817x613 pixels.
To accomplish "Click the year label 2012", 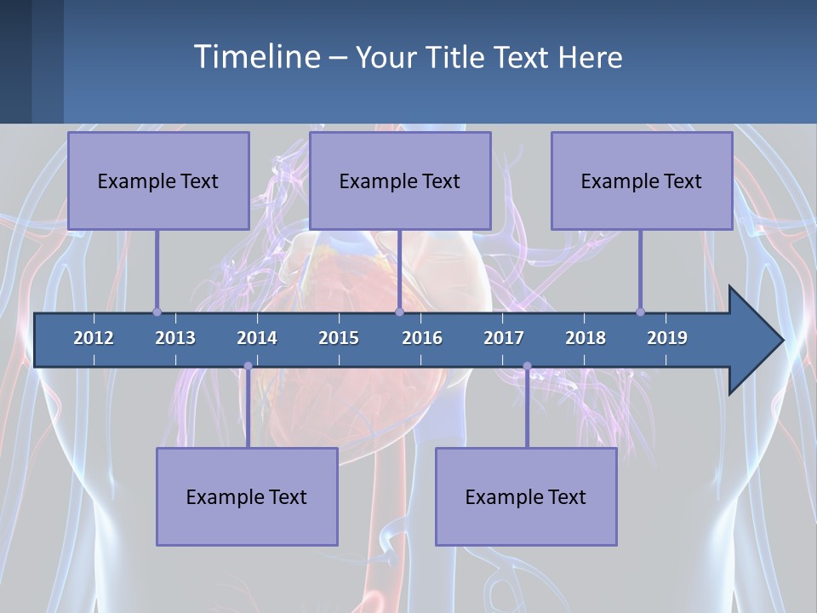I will pyautogui.click(x=94, y=338).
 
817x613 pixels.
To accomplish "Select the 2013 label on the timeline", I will pyautogui.click(x=175, y=338).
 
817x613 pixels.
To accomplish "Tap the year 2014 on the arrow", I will pyautogui.click(x=257, y=338).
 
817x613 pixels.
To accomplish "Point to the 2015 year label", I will pyautogui.click(x=339, y=338).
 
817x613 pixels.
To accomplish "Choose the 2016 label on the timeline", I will pyautogui.click(x=422, y=338).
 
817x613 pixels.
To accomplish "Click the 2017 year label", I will pyautogui.click(x=504, y=338).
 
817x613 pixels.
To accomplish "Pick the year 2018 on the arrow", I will pyautogui.click(x=586, y=338).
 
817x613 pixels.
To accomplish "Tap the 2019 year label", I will pyautogui.click(x=667, y=338).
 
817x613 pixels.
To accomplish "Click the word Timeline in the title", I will pyautogui.click(x=255, y=57).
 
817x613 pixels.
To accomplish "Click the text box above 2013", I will pyautogui.click(x=158, y=180).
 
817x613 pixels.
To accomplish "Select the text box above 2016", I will pyautogui.click(x=400, y=180).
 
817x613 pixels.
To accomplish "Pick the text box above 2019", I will pyautogui.click(x=642, y=180).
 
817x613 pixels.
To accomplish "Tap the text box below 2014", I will pyautogui.click(x=247, y=496).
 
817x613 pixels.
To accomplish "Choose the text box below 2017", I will pyautogui.click(x=526, y=496).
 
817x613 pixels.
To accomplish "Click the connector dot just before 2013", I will pyautogui.click(x=157, y=312).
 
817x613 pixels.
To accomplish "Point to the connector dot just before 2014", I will pyautogui.click(x=248, y=366).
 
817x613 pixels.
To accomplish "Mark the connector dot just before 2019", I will pyautogui.click(x=640, y=312).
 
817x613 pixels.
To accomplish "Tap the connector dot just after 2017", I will pyautogui.click(x=527, y=366).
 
